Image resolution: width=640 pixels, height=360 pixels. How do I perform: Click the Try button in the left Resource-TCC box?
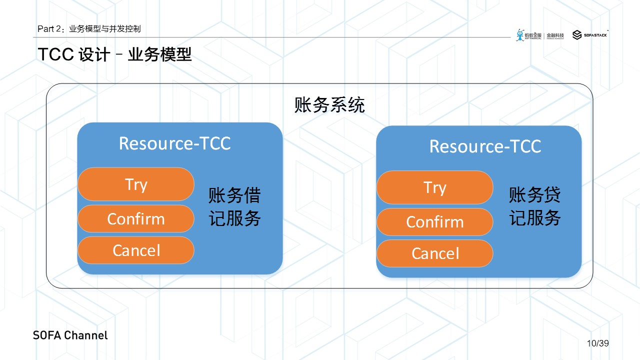pos(135,184)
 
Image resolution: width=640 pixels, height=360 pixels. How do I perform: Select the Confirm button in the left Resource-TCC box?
pos(135,219)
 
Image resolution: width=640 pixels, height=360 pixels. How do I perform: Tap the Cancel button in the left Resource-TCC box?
pos(135,250)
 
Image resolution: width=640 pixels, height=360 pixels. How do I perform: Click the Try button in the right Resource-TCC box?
pos(434,187)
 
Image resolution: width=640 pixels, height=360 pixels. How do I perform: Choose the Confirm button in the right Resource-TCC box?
pos(434,222)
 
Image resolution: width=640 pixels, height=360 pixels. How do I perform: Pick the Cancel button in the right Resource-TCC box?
pos(434,253)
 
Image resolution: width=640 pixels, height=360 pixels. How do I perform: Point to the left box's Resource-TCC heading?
pos(174,143)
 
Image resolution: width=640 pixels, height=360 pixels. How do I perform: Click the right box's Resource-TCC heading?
pos(485,146)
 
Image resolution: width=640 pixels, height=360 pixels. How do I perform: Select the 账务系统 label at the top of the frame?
pos(329,105)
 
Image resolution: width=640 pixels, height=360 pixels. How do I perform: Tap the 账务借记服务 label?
pos(235,206)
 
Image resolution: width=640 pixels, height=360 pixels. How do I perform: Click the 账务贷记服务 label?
pos(535,206)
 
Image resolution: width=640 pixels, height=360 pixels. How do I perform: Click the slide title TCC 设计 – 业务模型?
pos(114,54)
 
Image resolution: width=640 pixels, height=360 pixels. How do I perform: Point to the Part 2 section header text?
pos(89,29)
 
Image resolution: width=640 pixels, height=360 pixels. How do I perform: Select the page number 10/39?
pos(598,343)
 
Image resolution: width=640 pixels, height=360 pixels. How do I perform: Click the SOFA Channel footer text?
pos(70,335)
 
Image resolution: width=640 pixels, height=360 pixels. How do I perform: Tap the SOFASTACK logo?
pos(590,35)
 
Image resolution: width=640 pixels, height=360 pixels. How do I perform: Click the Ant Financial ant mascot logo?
pos(520,35)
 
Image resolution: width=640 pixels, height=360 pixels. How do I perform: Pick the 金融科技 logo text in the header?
pos(555,35)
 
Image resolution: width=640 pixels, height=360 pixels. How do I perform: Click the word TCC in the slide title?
pos(56,54)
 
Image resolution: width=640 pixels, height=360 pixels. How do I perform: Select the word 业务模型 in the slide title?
pos(160,54)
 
